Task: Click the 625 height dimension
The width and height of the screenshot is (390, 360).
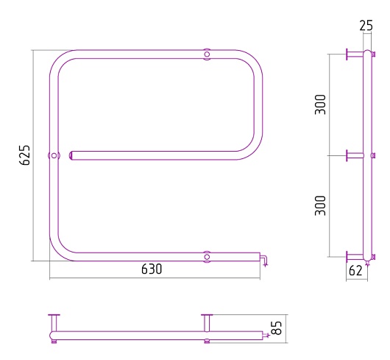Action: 24,155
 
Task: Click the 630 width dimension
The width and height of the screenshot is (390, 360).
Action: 152,269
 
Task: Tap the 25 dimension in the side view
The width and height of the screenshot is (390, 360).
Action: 366,25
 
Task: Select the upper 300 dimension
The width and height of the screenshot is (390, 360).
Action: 320,105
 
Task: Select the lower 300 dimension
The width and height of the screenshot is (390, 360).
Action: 320,205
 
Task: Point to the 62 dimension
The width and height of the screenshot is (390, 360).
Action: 355,271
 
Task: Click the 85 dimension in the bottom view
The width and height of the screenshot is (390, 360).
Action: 277,328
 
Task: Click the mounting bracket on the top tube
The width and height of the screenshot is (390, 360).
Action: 207,54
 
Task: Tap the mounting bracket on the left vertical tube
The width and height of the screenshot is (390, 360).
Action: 54,156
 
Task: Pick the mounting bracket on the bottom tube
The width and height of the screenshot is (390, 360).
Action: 207,257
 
